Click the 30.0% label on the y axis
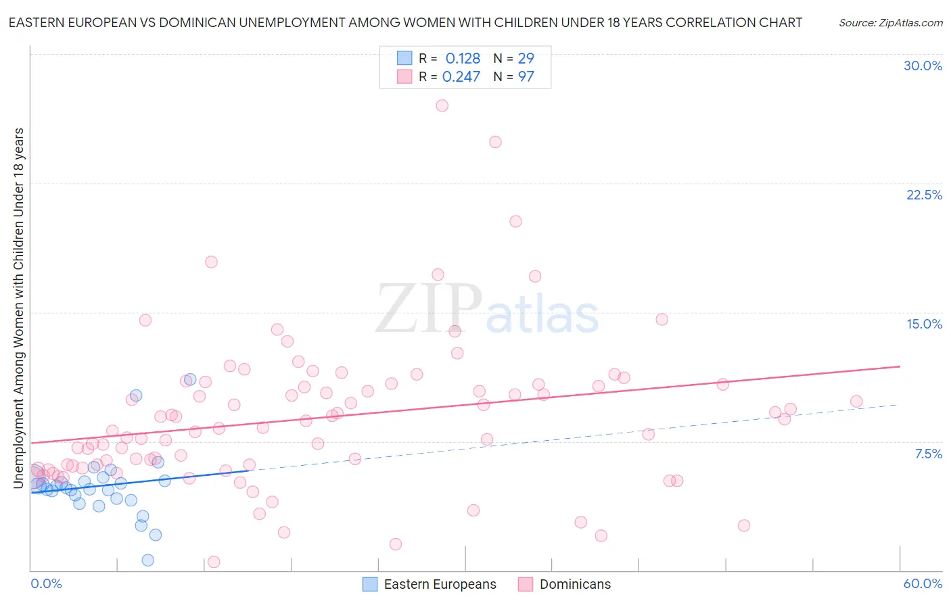(x=923, y=66)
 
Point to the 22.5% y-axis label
(x=924, y=195)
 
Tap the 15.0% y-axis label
(x=924, y=324)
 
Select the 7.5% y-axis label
(x=928, y=454)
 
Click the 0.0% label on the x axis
(x=46, y=583)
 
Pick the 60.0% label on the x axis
(x=923, y=583)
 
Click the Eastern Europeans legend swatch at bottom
(x=370, y=584)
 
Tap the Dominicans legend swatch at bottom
(x=526, y=584)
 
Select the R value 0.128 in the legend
(x=463, y=58)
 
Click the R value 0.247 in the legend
(x=461, y=76)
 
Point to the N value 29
(x=526, y=58)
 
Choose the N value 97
(x=526, y=76)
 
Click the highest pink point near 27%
(x=442, y=105)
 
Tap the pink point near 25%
(x=495, y=142)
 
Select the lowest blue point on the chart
(x=147, y=560)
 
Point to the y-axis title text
(x=18, y=308)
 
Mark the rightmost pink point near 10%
(x=856, y=401)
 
